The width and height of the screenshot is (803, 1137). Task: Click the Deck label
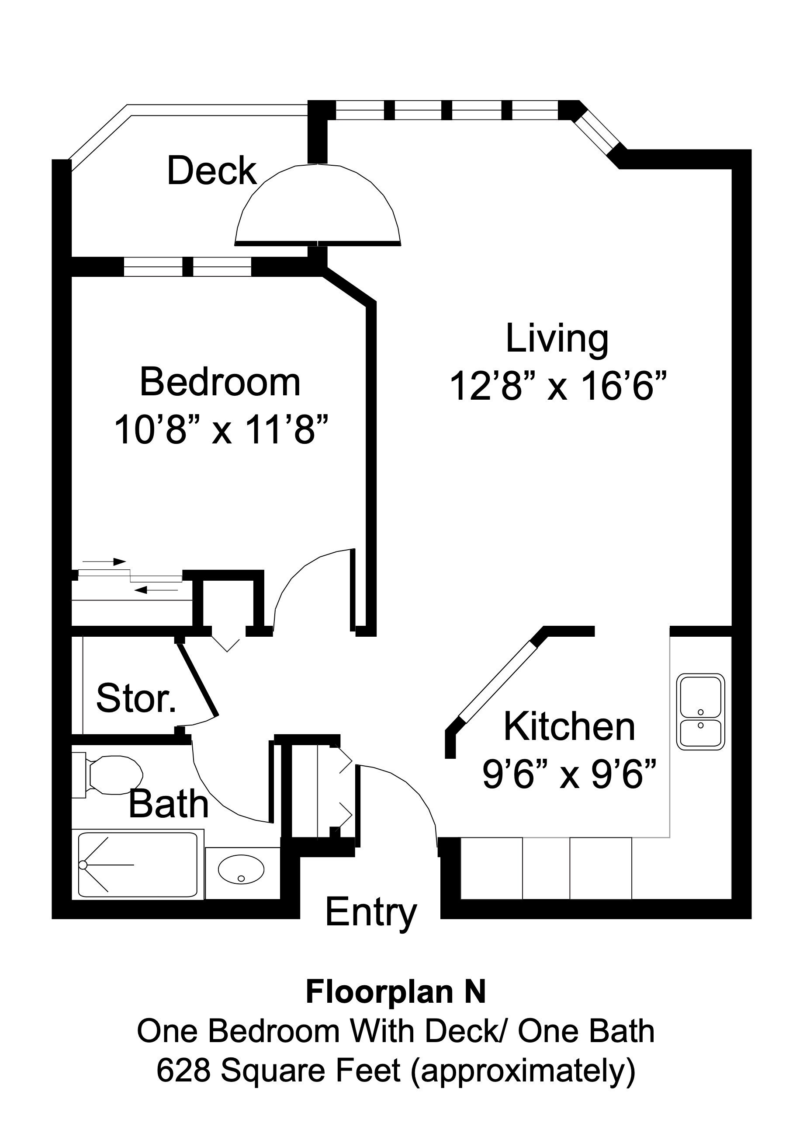[x=212, y=171]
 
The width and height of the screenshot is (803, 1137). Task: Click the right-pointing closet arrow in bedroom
[x=104, y=562]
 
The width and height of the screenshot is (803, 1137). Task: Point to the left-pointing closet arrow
[x=156, y=590]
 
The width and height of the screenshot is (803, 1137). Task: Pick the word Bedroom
[x=220, y=382]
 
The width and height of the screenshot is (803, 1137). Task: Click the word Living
[x=557, y=339]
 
